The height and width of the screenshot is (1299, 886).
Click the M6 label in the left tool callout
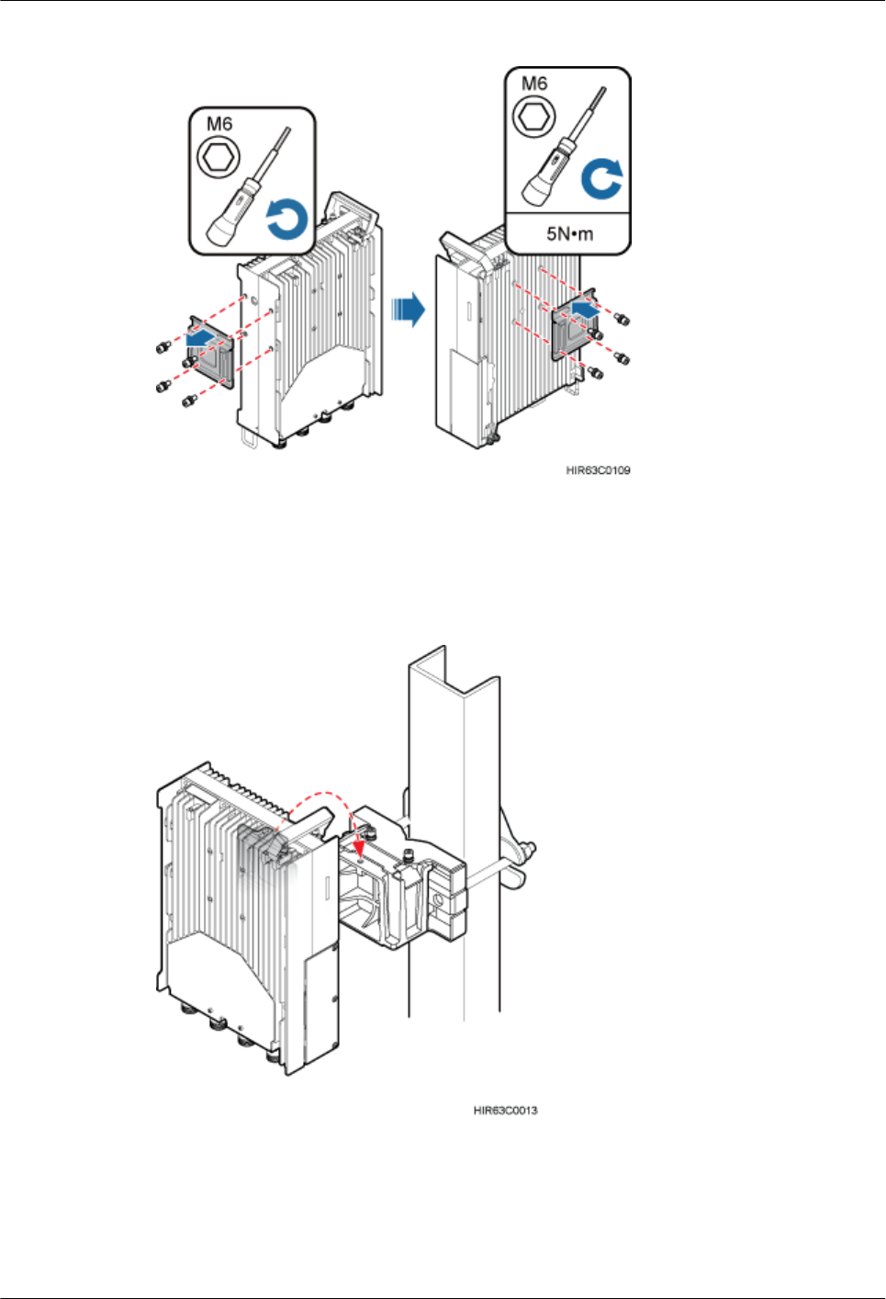pos(219,124)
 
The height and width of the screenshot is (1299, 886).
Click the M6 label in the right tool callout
pos(534,84)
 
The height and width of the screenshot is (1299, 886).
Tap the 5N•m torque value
pos(569,234)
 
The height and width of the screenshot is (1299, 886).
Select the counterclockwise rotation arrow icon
pos(286,221)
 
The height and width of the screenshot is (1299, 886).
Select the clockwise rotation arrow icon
pos(602,179)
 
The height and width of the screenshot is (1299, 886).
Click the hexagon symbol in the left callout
pos(219,157)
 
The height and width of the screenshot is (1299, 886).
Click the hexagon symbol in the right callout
pos(534,117)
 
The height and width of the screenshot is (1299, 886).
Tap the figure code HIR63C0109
pos(598,470)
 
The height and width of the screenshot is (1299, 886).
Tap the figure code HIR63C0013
pos(505,1111)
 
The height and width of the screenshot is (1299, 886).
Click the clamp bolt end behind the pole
pos(526,850)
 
